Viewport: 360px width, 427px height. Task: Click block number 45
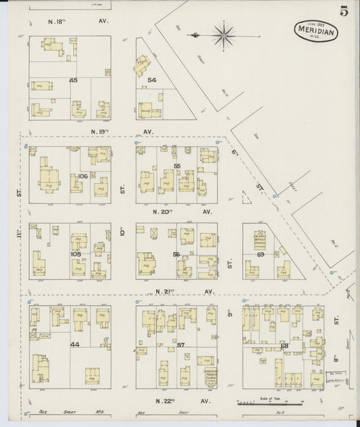[73, 81]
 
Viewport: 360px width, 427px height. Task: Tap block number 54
[152, 80]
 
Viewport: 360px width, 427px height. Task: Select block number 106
[83, 176]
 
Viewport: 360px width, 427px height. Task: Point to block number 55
[177, 166]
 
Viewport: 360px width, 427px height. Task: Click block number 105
[76, 254]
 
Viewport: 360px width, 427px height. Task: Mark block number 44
[75, 344]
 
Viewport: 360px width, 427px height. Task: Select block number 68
[284, 345]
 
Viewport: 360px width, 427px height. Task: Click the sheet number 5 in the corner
[344, 11]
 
